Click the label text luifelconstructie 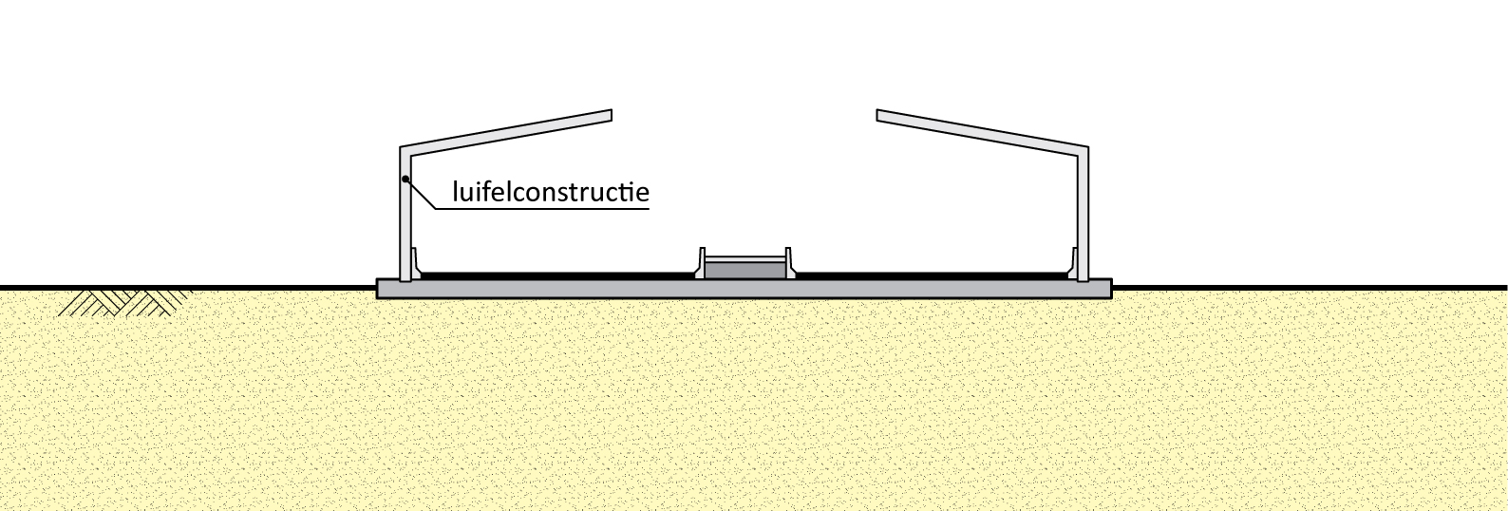pyautogui.click(x=551, y=192)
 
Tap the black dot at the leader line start pyautogui.click(x=405, y=179)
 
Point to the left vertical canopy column pyautogui.click(x=405, y=228)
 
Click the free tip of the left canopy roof pyautogui.click(x=608, y=116)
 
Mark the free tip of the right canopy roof pyautogui.click(x=880, y=116)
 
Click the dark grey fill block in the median pyautogui.click(x=745, y=270)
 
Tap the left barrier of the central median pyautogui.click(x=701, y=264)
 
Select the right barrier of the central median pyautogui.click(x=789, y=264)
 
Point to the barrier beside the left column pyautogui.click(x=417, y=261)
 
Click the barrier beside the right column pyautogui.click(x=1071, y=261)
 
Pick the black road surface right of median pyautogui.click(x=931, y=275)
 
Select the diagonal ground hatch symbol pyautogui.click(x=123, y=302)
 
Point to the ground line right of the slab pyautogui.click(x=1310, y=286)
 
